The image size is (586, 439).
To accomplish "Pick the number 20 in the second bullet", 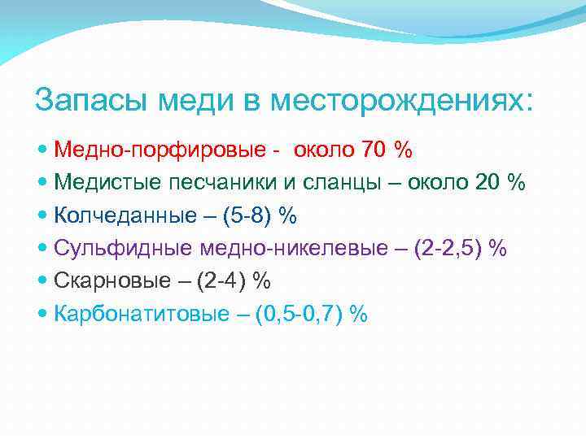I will (x=486, y=182).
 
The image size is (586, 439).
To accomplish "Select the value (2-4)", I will (x=221, y=280).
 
